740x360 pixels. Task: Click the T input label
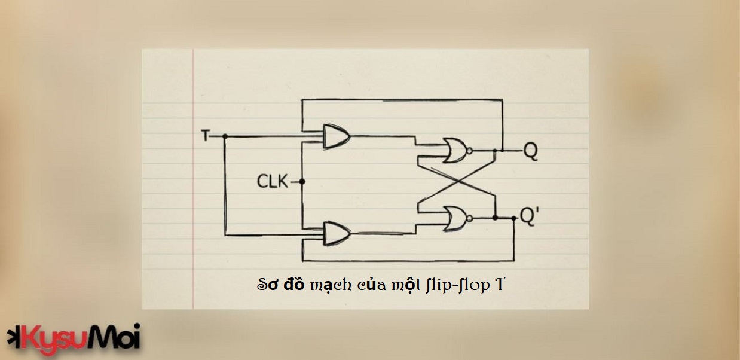pyautogui.click(x=206, y=136)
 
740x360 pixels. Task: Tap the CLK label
pyautogui.click(x=272, y=181)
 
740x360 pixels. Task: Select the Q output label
pyautogui.click(x=530, y=151)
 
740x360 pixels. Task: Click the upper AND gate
pyautogui.click(x=335, y=137)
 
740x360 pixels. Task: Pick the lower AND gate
pyautogui.click(x=335, y=233)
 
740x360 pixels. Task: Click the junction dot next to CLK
pyautogui.click(x=303, y=181)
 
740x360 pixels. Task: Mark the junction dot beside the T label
pyautogui.click(x=225, y=136)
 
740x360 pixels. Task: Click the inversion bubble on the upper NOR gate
pyautogui.click(x=470, y=151)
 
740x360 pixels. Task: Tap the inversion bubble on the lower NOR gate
pyautogui.click(x=470, y=219)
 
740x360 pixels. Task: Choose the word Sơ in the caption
pyautogui.click(x=267, y=285)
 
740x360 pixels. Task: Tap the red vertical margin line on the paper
pyautogui.click(x=194, y=179)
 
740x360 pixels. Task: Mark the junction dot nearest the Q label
pyautogui.click(x=503, y=151)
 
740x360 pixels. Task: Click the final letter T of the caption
pyautogui.click(x=500, y=284)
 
